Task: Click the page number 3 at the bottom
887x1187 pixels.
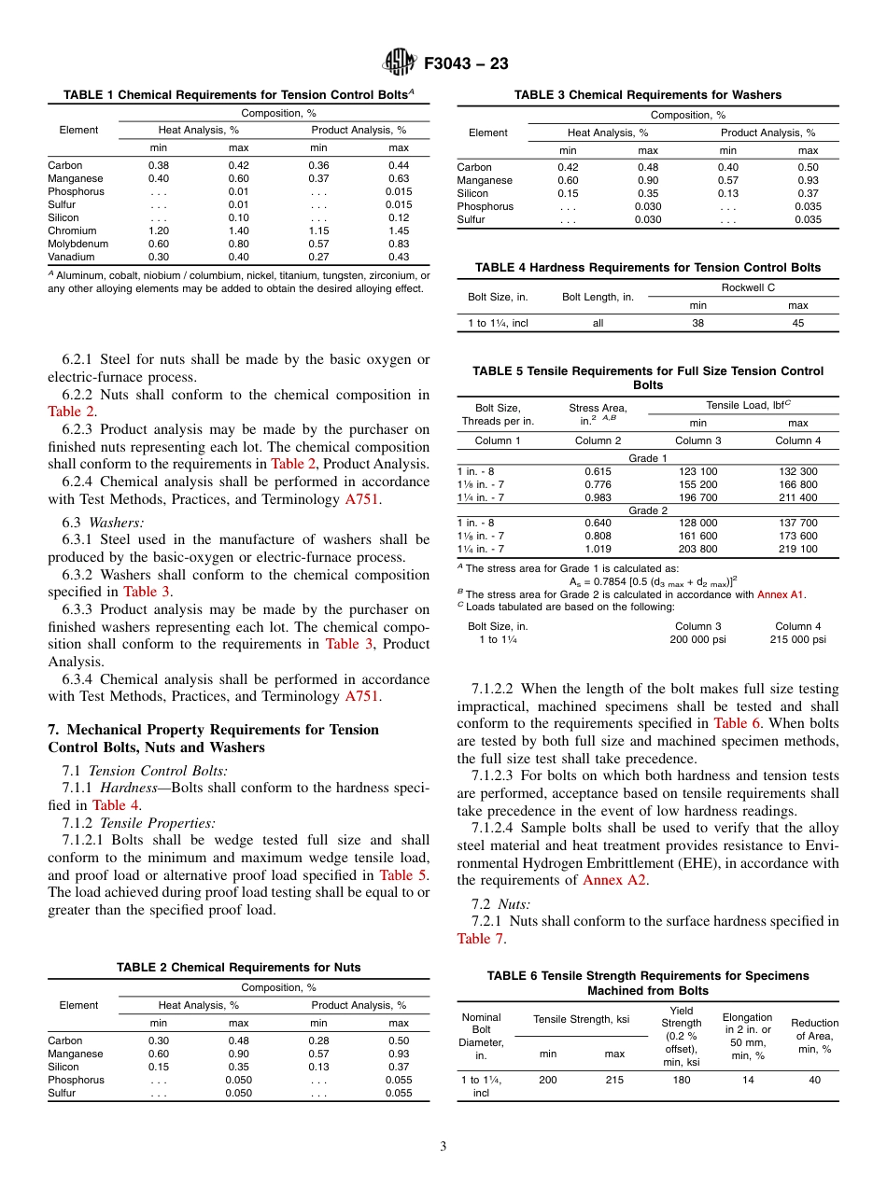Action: [x=443, y=1147]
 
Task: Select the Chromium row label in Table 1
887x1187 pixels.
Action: [x=70, y=230]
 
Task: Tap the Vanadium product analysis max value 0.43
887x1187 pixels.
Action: [x=399, y=257]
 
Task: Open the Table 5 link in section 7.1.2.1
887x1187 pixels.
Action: [x=403, y=874]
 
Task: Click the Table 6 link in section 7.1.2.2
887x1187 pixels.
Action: [x=737, y=722]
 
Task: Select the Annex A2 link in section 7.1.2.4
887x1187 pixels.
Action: [x=613, y=880]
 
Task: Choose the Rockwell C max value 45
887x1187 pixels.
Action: [x=797, y=323]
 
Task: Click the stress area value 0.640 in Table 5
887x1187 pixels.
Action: [x=598, y=524]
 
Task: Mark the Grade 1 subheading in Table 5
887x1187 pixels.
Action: [x=648, y=459]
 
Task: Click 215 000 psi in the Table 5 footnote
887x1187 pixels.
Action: [x=798, y=639]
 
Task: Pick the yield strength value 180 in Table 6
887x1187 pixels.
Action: [x=681, y=1079]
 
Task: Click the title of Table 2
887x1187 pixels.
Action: [x=238, y=968]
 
